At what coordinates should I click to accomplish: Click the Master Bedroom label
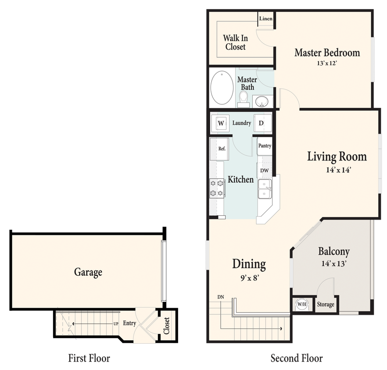(327, 53)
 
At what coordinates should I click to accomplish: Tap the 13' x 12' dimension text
(327, 63)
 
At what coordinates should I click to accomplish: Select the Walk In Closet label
(235, 43)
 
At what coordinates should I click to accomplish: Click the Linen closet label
(266, 18)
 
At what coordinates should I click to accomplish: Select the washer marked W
(221, 123)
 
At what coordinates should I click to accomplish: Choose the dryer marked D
(261, 123)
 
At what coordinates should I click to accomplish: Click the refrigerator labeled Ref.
(222, 149)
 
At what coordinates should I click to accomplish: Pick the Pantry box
(265, 146)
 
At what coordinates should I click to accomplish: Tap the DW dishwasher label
(264, 171)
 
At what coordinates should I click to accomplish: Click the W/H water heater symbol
(301, 304)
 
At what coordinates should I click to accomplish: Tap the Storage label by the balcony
(326, 304)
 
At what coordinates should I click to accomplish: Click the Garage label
(88, 272)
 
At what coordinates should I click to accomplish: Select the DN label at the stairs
(221, 297)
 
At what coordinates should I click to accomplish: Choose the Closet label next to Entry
(166, 325)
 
